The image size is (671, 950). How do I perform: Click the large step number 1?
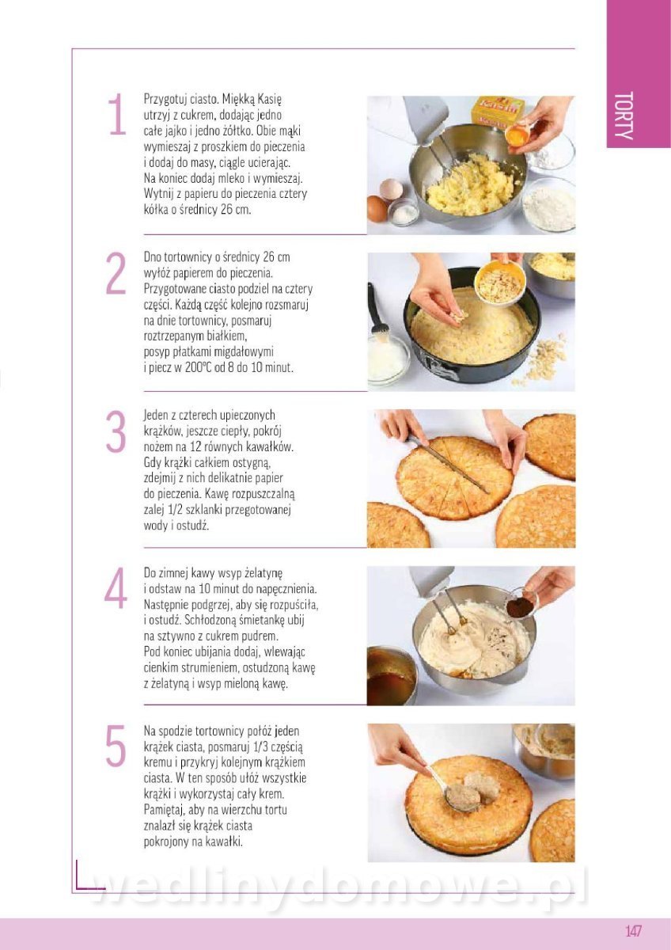click(117, 114)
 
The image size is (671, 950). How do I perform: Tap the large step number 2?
click(116, 273)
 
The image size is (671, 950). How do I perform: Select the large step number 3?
click(116, 431)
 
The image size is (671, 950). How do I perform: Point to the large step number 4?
click(116, 588)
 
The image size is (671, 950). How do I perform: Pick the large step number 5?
click(116, 746)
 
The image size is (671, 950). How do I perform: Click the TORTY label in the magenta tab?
click(624, 116)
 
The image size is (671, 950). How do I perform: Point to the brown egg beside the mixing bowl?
click(377, 207)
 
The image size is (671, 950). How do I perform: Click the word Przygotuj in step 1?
click(165, 100)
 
